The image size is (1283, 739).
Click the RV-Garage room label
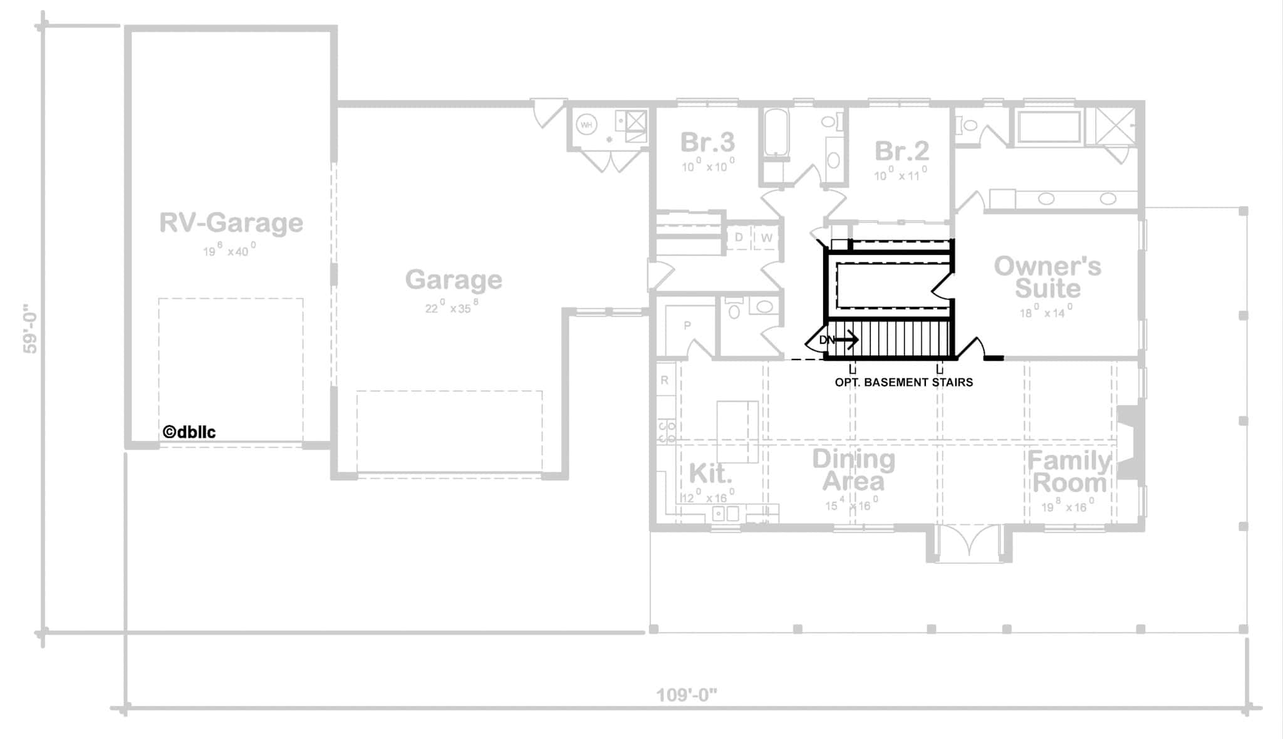coord(231,223)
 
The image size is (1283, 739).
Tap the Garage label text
coord(453,279)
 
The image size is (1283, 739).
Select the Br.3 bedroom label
coord(707,143)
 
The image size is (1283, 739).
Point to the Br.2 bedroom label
coord(901,151)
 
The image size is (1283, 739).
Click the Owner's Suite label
coord(1047,277)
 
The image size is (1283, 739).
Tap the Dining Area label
coord(853,470)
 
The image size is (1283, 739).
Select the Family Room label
coord(1069,472)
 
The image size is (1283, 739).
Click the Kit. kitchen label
coord(710,474)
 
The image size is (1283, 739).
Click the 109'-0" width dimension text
coord(686,695)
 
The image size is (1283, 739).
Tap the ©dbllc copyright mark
coord(189,432)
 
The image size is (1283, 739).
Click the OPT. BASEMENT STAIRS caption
coord(903,382)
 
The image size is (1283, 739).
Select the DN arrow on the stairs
coord(839,340)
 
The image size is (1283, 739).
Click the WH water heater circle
coord(586,125)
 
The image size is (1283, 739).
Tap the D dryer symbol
coord(739,237)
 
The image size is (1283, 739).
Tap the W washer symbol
coord(766,238)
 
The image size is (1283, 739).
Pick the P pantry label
coord(687,326)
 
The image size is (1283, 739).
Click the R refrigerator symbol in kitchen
coord(665,380)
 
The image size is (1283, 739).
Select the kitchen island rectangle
coord(737,432)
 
